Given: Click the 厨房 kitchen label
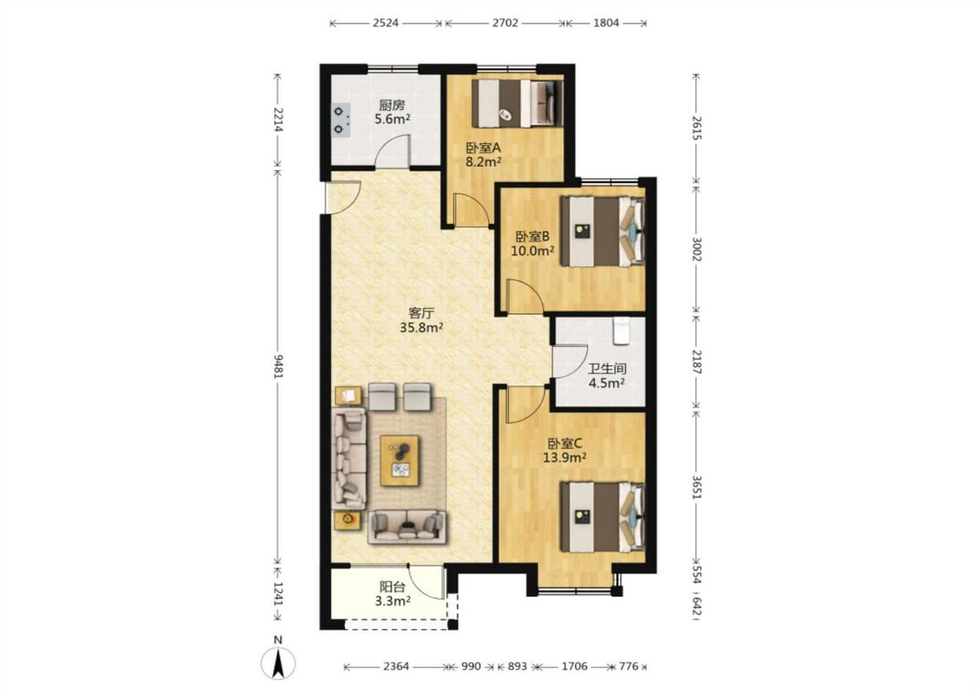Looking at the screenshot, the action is click(x=392, y=105).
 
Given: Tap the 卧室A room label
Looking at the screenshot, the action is click(x=484, y=148).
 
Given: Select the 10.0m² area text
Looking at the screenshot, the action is click(x=532, y=251).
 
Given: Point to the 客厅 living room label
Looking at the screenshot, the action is click(x=421, y=313).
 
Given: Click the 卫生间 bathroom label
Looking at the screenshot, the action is click(x=607, y=369).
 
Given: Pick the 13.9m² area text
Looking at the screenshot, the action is click(x=564, y=458).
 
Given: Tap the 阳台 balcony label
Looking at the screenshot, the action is click(x=393, y=587).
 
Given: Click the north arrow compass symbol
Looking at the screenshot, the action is click(x=278, y=660).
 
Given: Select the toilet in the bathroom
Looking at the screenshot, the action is click(x=622, y=331).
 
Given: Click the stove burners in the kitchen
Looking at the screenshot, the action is click(x=340, y=120).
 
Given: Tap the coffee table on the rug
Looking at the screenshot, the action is click(x=399, y=457).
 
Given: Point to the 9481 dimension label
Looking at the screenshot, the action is click(x=278, y=367).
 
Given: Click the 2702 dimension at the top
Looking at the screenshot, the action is click(x=505, y=23).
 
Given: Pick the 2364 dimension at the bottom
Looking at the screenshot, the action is click(x=396, y=666).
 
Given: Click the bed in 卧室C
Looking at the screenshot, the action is click(x=602, y=516).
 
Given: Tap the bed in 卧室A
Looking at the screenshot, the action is click(x=518, y=103).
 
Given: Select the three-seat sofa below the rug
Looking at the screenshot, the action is click(x=407, y=527).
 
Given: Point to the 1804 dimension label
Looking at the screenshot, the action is click(x=605, y=23).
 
